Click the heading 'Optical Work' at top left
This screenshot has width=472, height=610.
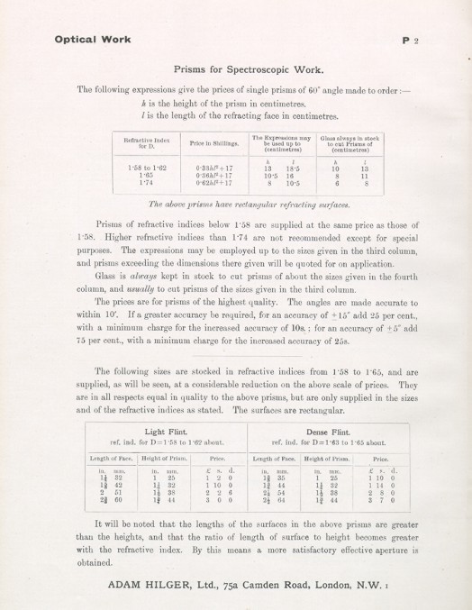click(93, 40)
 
